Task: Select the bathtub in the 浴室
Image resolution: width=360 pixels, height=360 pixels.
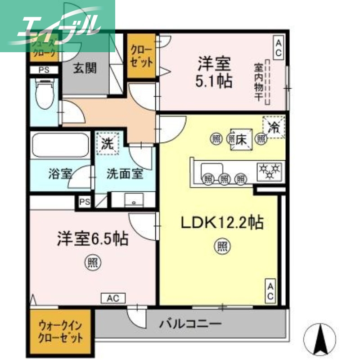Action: pos(60,145)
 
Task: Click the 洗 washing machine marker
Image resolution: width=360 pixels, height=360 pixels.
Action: pos(108,144)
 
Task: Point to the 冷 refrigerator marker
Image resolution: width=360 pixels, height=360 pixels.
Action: pos(274,127)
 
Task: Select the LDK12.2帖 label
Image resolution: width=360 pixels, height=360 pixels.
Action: pos(222,222)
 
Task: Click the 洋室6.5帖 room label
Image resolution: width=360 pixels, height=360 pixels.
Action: pos(92,238)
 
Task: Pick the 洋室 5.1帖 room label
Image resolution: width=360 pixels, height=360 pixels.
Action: pos(214,72)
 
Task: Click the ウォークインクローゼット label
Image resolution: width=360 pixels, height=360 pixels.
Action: pos(61,331)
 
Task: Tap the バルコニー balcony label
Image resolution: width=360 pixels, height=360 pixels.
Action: pos(190,324)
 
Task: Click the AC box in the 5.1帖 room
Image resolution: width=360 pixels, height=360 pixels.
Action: pos(279,48)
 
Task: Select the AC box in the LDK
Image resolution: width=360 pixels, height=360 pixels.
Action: pos(270,291)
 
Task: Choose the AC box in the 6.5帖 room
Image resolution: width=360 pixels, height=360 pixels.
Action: pos(113,297)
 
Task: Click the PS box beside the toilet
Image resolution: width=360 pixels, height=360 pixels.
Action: pos(44,70)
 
